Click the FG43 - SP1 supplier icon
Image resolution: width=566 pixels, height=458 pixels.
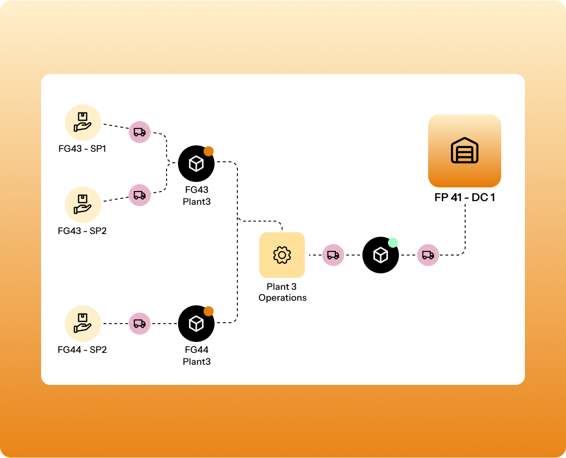pos(83,122)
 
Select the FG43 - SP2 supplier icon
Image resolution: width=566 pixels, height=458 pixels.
pos(83,205)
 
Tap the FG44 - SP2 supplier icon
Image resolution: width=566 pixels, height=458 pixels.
pos(83,324)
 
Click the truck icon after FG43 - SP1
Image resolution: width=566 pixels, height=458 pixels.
pos(140,132)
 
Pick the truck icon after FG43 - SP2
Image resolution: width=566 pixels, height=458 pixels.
pos(140,195)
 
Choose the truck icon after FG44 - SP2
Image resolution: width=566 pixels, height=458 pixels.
pos(140,324)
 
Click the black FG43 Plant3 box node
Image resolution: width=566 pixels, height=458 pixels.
pos(196,164)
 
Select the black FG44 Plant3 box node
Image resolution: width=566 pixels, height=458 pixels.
pos(196,324)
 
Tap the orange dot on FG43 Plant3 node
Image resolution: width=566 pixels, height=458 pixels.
pos(209,151)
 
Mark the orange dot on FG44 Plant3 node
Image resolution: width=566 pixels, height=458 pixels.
pos(209,311)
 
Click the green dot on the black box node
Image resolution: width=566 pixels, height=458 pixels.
pos(393,243)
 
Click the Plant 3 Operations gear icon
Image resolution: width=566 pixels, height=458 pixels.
pos(282,255)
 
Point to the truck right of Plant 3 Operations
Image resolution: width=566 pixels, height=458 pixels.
pos(333,255)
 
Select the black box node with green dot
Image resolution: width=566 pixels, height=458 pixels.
pos(380,256)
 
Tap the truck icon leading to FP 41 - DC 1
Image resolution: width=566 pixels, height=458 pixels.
pos(428,255)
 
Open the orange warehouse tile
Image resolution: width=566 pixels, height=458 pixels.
pos(465,151)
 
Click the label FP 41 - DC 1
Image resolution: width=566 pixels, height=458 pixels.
pos(465,197)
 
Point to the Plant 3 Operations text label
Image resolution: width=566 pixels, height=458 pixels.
pos(282,292)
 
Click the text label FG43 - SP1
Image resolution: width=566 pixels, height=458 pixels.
pos(82,149)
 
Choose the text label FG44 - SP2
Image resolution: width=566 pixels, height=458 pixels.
pos(82,350)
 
